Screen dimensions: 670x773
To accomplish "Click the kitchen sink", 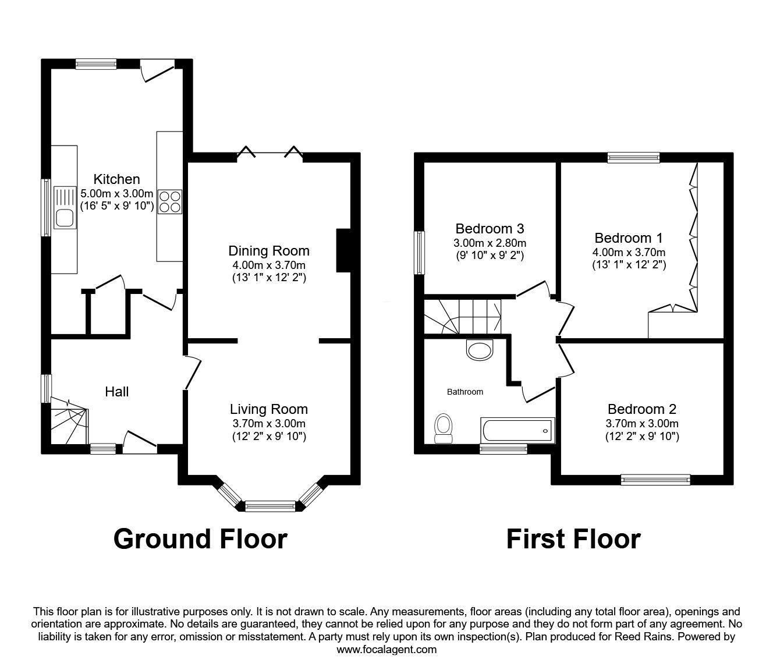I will pyautogui.click(x=65, y=208).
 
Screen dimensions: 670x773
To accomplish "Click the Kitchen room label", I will pyautogui.click(x=117, y=179).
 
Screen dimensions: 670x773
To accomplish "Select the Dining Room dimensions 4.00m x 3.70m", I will pyautogui.click(x=268, y=265).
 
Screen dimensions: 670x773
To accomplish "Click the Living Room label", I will pyautogui.click(x=268, y=409).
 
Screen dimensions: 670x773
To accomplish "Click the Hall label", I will pyautogui.click(x=116, y=392).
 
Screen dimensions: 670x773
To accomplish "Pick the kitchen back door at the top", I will pyautogui.click(x=157, y=69).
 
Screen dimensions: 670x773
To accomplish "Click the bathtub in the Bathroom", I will pyautogui.click(x=517, y=431).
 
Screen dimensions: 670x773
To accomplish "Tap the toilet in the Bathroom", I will pyautogui.click(x=444, y=428).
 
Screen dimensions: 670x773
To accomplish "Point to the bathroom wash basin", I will pyautogui.click(x=480, y=350).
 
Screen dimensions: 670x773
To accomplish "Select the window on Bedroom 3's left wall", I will pyautogui.click(x=419, y=253).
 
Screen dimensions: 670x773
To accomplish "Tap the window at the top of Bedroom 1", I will pyautogui.click(x=633, y=157).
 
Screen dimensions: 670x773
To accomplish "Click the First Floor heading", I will pyautogui.click(x=573, y=538).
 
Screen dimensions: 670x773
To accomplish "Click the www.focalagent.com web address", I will pyautogui.click(x=386, y=649).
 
